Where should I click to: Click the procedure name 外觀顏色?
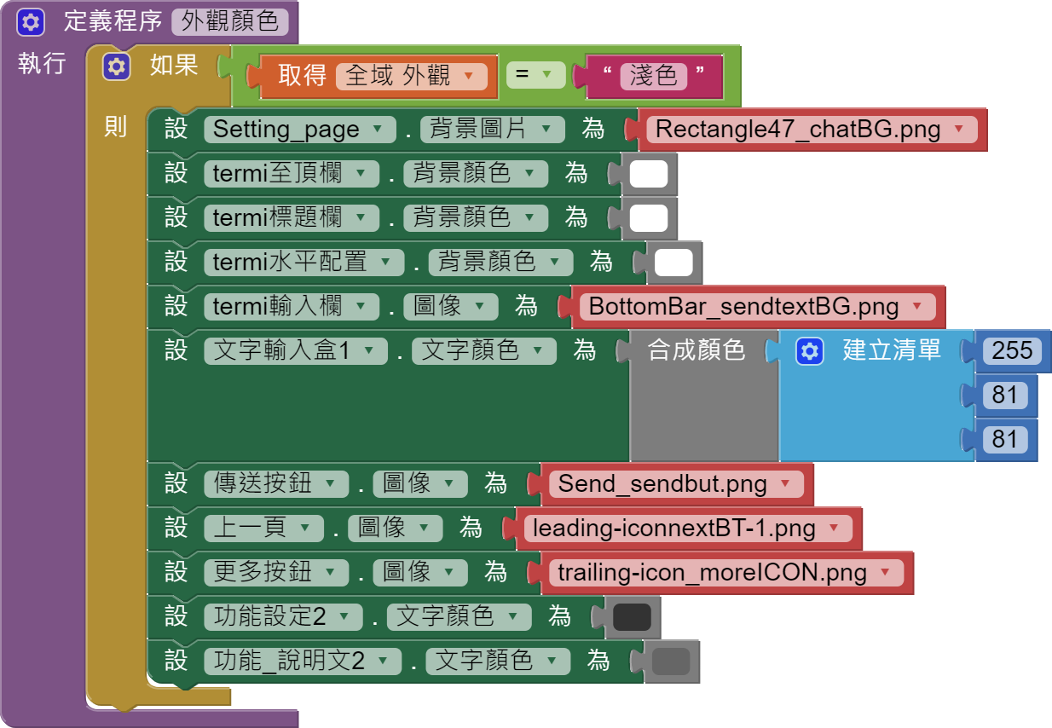(x=230, y=21)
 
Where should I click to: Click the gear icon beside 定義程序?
(x=31, y=22)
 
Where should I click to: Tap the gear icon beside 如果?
(x=116, y=66)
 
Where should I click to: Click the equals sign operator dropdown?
(x=535, y=75)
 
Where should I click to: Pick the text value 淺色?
(x=653, y=76)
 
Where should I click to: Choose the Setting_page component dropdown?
(x=299, y=130)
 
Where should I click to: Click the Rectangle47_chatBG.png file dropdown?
(x=811, y=130)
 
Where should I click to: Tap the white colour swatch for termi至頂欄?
(x=648, y=174)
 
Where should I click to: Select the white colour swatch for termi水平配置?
(x=673, y=263)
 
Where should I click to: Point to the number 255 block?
(x=1012, y=350)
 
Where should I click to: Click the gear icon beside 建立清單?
(x=810, y=350)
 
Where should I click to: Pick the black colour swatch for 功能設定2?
(x=632, y=617)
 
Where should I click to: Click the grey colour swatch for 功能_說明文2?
(x=671, y=662)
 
